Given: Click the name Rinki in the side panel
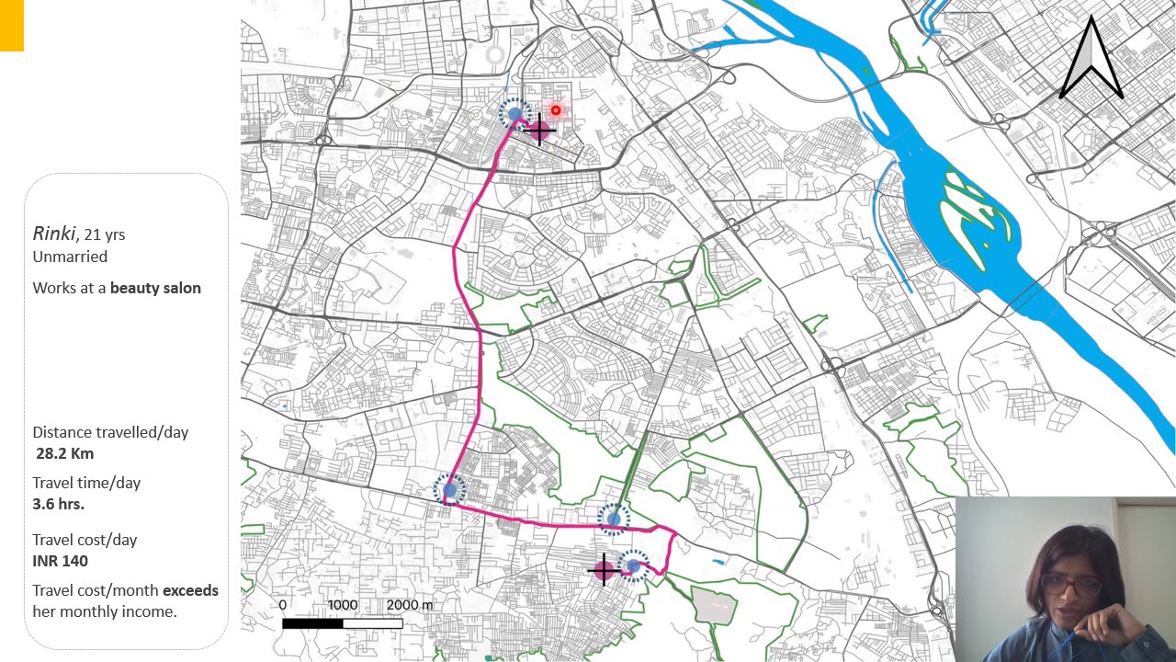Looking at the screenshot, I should click(54, 234).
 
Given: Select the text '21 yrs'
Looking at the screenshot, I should click(104, 234).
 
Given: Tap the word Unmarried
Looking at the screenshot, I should click(70, 257).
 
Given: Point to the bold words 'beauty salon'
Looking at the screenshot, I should click(155, 288).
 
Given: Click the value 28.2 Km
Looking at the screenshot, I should click(64, 453).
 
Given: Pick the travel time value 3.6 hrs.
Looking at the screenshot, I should click(58, 504).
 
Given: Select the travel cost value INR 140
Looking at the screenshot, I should click(60, 561).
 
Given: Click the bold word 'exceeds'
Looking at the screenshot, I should click(190, 590).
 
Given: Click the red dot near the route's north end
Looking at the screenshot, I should click(555, 110).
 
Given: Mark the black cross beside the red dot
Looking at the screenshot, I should click(539, 131).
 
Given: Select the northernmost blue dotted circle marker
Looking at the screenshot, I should click(514, 114).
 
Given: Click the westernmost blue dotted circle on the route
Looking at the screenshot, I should click(449, 490).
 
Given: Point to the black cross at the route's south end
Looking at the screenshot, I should click(604, 570).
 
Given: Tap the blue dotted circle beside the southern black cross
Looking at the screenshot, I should click(633, 566).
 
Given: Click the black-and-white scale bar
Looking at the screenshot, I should click(342, 623).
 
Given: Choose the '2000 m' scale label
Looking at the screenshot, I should click(409, 605).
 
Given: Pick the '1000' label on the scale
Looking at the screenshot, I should click(342, 605).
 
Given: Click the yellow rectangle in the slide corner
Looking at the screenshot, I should click(11, 25).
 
